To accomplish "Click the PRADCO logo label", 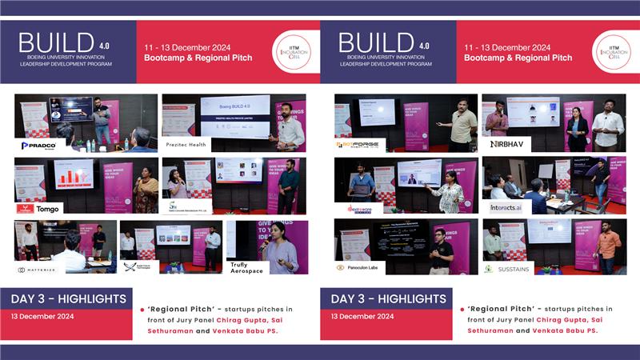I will coord(38,145).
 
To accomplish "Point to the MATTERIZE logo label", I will coord(38,270).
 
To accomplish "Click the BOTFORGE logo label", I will coord(360,145).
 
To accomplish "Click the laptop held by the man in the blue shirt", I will coord(362,187).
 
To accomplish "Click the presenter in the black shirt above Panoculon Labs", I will coord(441,248).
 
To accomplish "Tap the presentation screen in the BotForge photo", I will coord(378,113).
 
